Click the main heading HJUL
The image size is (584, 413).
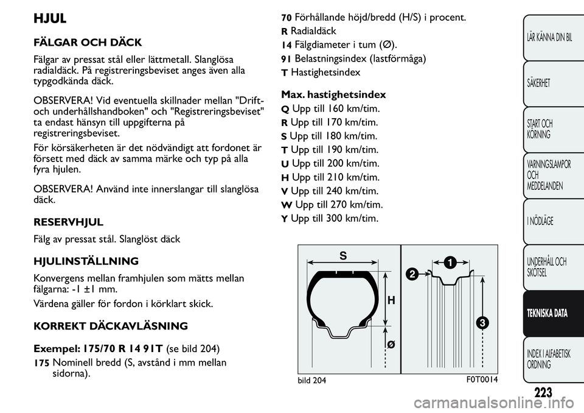pos(49,19)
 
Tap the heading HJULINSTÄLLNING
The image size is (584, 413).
pos(86,261)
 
